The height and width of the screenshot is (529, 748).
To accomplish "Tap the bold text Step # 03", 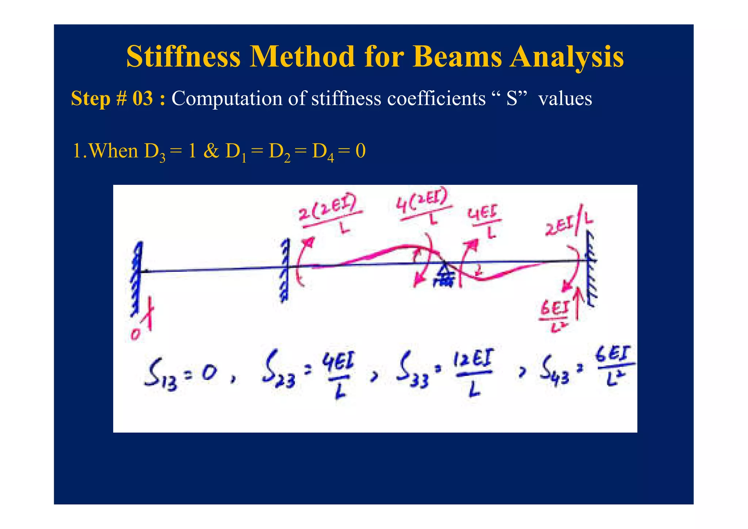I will click(x=118, y=99).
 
